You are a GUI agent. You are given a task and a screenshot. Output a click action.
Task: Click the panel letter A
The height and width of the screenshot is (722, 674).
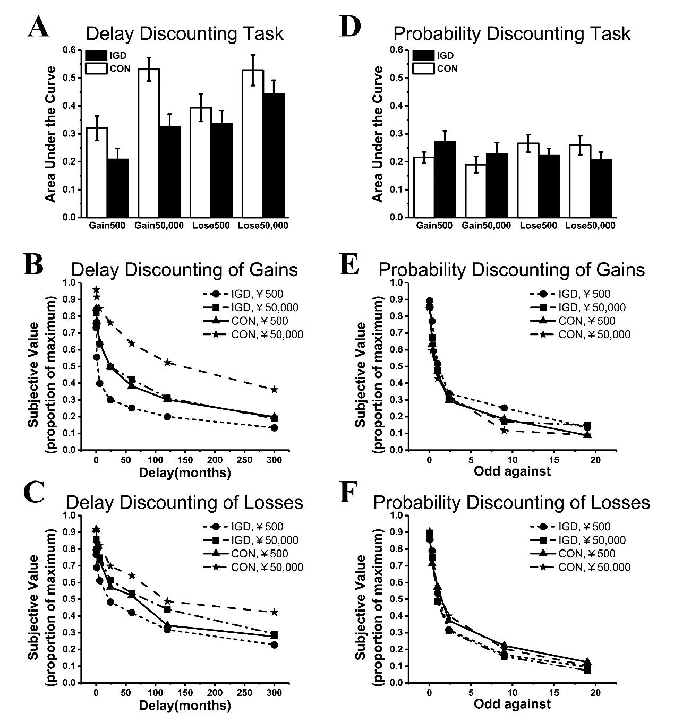pyautogui.click(x=38, y=27)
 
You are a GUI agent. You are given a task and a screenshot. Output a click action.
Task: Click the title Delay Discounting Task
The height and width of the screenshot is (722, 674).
pyautogui.click(x=184, y=33)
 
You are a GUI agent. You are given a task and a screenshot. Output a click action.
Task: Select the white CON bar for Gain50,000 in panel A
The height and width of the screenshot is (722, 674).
pyautogui.click(x=149, y=143)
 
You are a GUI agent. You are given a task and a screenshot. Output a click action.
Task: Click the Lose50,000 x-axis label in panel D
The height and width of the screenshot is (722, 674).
pyautogui.click(x=591, y=226)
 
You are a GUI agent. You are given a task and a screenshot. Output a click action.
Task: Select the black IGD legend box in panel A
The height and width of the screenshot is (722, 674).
pyautogui.click(x=96, y=55)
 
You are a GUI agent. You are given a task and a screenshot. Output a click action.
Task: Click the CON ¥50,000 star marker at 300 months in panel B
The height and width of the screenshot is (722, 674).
pyautogui.click(x=274, y=390)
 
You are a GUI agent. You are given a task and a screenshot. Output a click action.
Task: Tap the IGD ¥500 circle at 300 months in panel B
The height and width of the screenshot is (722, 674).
pyautogui.click(x=274, y=427)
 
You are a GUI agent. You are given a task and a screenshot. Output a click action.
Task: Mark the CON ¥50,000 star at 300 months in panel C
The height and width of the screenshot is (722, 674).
pyautogui.click(x=274, y=612)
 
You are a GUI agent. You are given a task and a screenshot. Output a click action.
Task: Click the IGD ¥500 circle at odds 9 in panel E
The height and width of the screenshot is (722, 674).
pyautogui.click(x=504, y=408)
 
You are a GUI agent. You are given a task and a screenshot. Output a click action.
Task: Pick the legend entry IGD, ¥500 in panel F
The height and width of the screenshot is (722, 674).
pyautogui.click(x=570, y=527)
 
